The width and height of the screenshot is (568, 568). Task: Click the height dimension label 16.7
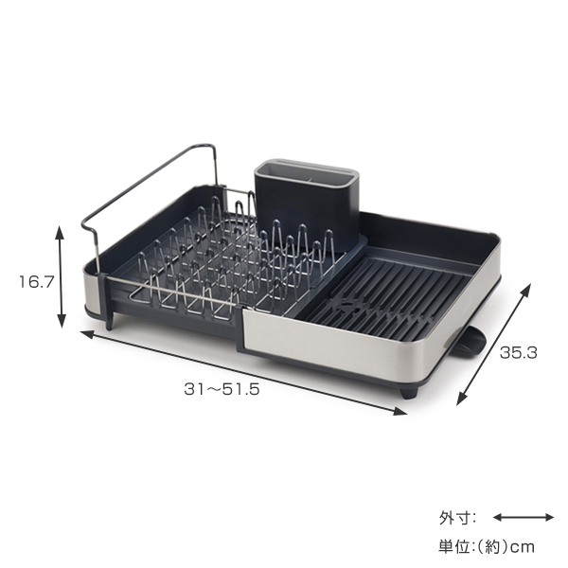click(36, 281)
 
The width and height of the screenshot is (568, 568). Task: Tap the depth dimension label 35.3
click(519, 352)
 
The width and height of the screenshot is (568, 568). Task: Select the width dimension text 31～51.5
click(222, 389)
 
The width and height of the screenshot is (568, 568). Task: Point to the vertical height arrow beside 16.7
click(61, 276)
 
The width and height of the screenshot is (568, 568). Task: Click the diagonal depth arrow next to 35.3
click(493, 345)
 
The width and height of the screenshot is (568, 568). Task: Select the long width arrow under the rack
click(243, 372)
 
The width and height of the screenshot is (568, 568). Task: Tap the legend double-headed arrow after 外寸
click(524, 517)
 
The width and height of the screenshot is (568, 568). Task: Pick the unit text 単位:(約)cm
click(487, 546)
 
